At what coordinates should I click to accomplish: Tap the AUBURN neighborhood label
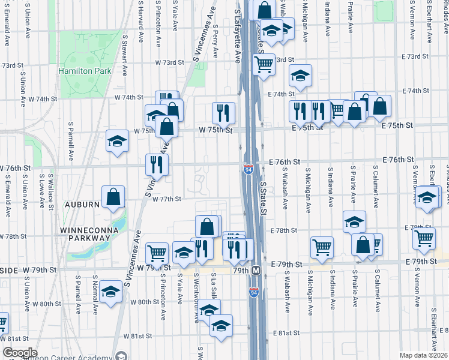click(79, 205)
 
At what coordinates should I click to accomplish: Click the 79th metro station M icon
click(255, 271)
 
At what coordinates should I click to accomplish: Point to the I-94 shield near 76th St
click(248, 170)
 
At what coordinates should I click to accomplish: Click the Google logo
click(19, 353)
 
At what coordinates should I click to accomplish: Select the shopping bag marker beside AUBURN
click(113, 197)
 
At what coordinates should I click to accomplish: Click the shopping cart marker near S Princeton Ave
click(157, 253)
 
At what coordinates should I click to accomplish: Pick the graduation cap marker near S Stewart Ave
click(117, 141)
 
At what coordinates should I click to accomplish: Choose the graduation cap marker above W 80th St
click(111, 292)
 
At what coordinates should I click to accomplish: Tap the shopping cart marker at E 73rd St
click(263, 64)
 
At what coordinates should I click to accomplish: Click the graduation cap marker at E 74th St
click(300, 75)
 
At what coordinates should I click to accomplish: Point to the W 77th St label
click(166, 199)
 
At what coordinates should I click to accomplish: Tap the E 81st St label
click(285, 333)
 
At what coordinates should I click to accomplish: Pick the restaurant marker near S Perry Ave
click(222, 112)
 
